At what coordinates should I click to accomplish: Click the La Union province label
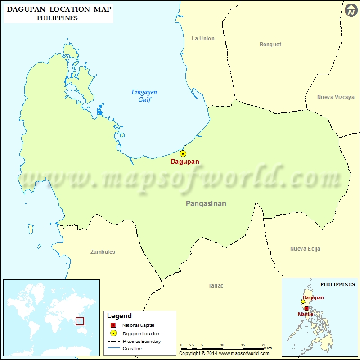point(203,39)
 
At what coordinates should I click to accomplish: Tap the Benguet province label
point(270,45)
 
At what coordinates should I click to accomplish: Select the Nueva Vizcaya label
point(336,97)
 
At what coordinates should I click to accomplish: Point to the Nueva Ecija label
point(305,249)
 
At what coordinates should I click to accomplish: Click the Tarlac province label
point(216,286)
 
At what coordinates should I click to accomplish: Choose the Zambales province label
point(103,252)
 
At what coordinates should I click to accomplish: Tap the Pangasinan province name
point(206,204)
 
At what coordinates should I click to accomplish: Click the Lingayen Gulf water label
point(144,96)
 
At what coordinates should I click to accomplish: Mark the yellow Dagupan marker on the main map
point(183,153)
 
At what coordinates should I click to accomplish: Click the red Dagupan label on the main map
point(184,162)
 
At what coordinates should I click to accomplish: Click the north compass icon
point(351,10)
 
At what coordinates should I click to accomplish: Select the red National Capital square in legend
point(113,325)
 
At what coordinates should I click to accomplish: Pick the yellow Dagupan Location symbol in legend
point(113,333)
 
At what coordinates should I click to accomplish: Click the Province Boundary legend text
point(142,342)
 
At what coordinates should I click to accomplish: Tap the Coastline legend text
point(132,349)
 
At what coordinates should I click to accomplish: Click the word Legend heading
point(119,316)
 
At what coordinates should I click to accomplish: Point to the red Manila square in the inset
point(306,309)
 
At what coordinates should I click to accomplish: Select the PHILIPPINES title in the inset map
point(337,284)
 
